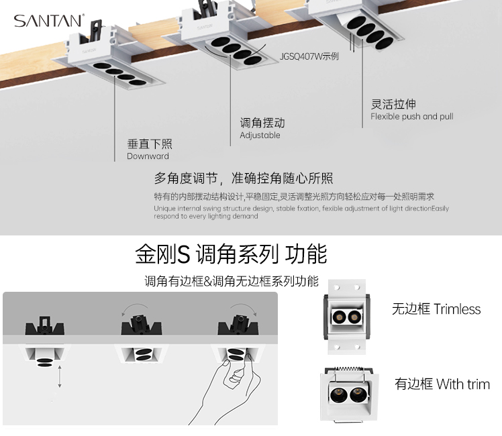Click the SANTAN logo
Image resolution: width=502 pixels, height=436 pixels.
tap(48, 21)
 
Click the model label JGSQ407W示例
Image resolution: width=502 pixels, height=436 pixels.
tap(309, 56)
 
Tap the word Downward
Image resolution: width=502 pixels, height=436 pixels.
tap(148, 156)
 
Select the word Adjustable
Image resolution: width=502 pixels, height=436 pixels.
tap(260, 135)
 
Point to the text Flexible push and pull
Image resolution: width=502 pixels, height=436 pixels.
tap(411, 117)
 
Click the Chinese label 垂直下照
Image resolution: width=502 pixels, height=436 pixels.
tap(150, 144)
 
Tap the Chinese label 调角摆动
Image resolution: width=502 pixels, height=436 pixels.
tap(262, 123)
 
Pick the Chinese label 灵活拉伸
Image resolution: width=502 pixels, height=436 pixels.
tap(393, 104)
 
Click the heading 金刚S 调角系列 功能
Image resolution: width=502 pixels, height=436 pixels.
tap(231, 254)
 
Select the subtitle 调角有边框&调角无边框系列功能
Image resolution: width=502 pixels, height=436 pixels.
tap(231, 281)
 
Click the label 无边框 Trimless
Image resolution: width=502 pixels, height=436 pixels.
tap(436, 309)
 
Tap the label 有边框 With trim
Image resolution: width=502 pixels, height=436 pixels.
tap(442, 384)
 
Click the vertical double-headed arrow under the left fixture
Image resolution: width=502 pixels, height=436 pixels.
tap(60, 377)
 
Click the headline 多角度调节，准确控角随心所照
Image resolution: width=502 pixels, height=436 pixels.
tap(244, 178)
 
